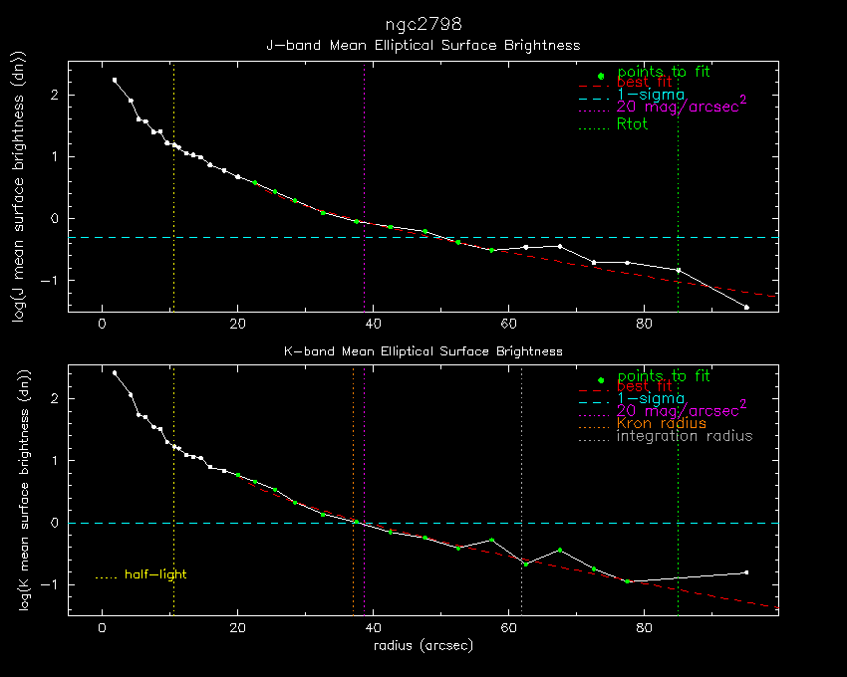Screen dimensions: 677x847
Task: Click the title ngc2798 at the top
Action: (423, 23)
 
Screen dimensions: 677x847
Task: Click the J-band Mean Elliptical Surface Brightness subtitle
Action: (423, 45)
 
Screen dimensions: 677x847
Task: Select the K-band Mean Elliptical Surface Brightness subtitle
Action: (423, 351)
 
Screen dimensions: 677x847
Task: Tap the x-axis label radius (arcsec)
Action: (423, 645)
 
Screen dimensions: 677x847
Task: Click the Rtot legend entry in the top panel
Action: (632, 124)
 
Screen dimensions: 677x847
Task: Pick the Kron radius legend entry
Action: (662, 423)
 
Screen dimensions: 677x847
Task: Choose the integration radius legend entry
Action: (685, 436)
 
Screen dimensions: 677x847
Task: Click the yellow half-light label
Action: (155, 574)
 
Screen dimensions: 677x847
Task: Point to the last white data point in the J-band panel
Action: (746, 307)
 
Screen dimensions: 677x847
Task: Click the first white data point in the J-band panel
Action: (115, 80)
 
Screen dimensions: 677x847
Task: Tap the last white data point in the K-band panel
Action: (746, 572)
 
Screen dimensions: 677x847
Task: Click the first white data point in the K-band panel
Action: (115, 373)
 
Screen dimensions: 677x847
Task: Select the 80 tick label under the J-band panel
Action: (644, 324)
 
